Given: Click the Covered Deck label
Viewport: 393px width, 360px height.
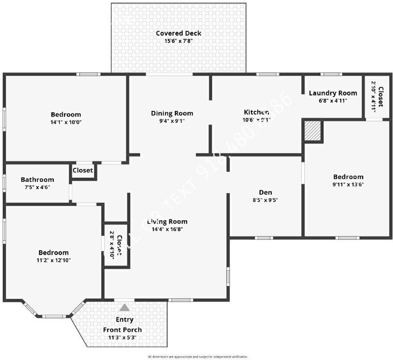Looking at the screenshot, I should pos(178,33).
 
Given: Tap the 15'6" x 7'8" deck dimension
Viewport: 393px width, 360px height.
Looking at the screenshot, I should pos(178,41).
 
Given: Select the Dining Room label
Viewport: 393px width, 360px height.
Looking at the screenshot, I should pos(172,113).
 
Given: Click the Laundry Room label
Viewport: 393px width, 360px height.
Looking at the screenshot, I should pos(333,93).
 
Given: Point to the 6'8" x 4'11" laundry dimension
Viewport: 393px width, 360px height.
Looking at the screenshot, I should pos(333,100).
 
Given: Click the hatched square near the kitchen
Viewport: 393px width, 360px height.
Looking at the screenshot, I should pos(313,131).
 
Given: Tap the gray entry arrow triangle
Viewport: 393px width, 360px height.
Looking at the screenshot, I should pos(124,307).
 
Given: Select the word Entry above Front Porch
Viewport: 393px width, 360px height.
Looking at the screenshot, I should pos(124,320).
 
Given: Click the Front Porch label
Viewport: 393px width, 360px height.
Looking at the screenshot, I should pos(122,330).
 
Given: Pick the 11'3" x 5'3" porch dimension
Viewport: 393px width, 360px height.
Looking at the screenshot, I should pos(122,338).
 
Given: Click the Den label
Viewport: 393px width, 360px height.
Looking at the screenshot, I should pos(266,193).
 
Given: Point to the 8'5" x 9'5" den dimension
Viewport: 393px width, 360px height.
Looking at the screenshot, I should pos(266,201).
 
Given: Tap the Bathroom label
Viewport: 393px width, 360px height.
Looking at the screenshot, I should pos(37,180).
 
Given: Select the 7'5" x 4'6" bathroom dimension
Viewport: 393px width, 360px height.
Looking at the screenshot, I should pos(37,187).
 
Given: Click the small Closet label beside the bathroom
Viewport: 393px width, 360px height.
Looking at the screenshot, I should pos(83,170).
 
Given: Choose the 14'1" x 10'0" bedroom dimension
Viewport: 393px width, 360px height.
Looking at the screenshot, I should pos(66,122).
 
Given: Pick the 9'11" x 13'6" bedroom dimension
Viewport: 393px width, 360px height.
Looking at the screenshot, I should pos(348,184).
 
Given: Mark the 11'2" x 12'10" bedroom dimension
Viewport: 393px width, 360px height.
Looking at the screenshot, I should pos(53,260).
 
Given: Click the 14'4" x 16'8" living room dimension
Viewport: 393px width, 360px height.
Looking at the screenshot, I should pos(167,229).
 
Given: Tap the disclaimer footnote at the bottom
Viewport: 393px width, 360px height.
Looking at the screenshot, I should pos(197,357).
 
